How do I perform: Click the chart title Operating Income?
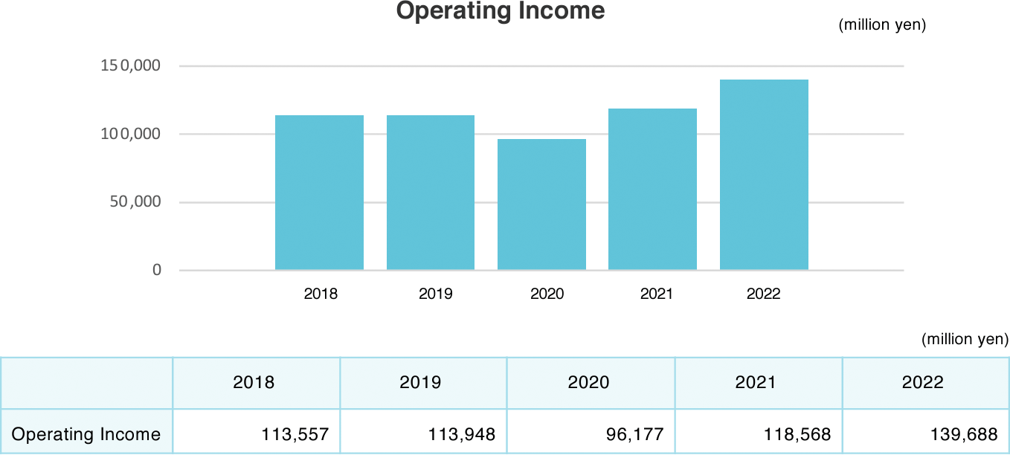tap(500, 11)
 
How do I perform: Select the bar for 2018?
tap(319, 193)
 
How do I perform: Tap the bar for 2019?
tap(431, 193)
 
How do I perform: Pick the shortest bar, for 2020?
tap(541, 204)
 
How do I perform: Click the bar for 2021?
tap(652, 190)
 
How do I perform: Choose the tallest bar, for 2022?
tap(764, 175)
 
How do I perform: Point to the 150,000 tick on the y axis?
tap(131, 66)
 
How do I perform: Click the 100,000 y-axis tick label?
tap(131, 135)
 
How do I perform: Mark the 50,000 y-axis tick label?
tap(135, 202)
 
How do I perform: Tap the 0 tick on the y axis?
tap(157, 271)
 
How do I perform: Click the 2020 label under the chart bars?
tap(547, 294)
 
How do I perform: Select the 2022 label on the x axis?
tap(763, 294)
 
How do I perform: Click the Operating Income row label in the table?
tap(86, 434)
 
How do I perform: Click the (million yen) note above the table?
tap(965, 340)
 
